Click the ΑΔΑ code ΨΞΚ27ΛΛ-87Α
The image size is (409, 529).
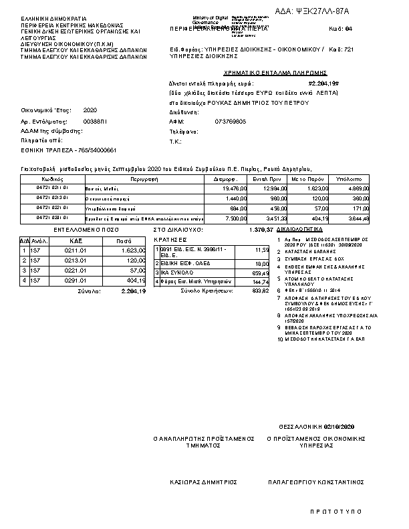coord(322,12)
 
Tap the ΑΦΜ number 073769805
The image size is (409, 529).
coord(231,122)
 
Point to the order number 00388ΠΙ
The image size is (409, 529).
coord(94,122)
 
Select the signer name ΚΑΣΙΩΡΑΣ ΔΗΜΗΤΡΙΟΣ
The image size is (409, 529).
coord(204,481)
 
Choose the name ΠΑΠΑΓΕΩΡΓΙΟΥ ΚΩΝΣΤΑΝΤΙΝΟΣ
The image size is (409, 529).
coord(315,481)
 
